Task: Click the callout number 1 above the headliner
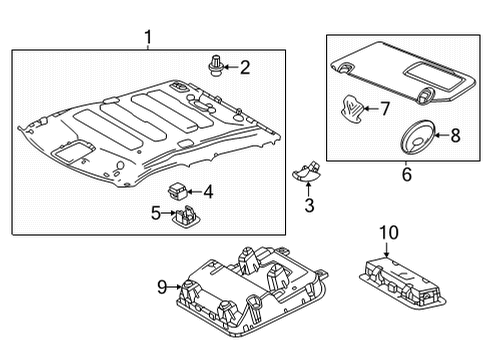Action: coord(148,38)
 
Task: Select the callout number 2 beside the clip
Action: coord(243,67)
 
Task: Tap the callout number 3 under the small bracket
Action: coord(309,205)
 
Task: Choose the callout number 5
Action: coord(156,212)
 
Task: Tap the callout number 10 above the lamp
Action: coord(388,233)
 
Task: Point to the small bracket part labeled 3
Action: coord(308,169)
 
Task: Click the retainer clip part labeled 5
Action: coord(187,214)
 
